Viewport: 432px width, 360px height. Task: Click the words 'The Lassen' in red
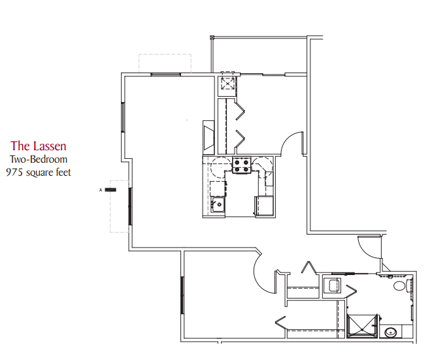[x=39, y=146]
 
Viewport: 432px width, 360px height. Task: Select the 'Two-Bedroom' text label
[x=39, y=159]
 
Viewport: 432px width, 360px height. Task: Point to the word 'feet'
[x=63, y=172]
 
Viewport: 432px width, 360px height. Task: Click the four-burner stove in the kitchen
[x=242, y=165]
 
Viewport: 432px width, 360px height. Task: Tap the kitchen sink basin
[x=218, y=205]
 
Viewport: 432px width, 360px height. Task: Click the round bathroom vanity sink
[x=390, y=333]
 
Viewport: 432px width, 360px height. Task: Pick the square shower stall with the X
[x=362, y=326]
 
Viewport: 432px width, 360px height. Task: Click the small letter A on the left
[x=101, y=189]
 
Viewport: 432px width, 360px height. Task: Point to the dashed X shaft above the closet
[x=227, y=84]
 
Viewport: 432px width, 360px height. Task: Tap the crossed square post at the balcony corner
[x=212, y=37]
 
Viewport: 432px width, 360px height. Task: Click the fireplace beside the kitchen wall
[x=208, y=137]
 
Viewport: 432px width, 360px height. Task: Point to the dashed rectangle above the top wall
[x=165, y=63]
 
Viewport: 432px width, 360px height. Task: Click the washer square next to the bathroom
[x=332, y=286]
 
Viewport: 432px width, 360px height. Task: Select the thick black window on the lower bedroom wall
[x=182, y=295]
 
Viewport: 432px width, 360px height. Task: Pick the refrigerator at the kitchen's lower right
[x=264, y=205]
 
